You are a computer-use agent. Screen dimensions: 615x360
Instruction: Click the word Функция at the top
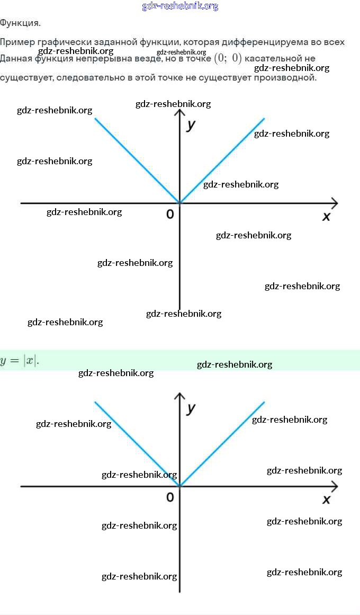(20, 23)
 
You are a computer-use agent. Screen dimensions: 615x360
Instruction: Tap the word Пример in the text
(15, 42)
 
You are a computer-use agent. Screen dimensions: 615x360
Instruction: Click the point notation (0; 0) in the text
(228, 58)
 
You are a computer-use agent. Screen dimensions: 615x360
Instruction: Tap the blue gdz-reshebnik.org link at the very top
(180, 6)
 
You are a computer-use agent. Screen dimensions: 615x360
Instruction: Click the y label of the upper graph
(191, 126)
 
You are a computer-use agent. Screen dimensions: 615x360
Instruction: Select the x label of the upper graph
(326, 216)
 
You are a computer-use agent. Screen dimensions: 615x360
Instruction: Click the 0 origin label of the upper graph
(169, 214)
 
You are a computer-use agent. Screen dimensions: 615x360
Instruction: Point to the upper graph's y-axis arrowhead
(180, 112)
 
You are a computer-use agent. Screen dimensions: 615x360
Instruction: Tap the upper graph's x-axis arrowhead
(335, 203)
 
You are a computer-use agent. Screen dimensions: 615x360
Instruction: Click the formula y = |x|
(20, 361)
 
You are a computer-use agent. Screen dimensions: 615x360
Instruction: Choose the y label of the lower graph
(191, 408)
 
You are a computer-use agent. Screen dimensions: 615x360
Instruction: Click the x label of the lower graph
(326, 500)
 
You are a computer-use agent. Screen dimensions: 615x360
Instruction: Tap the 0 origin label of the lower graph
(169, 497)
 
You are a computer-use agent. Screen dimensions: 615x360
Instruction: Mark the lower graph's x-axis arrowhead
(335, 486)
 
